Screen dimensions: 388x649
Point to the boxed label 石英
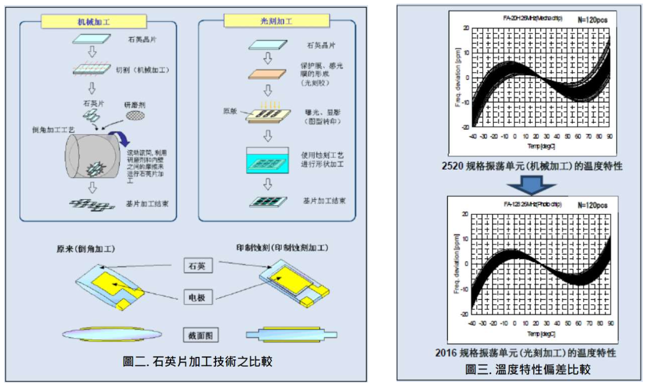click(x=197, y=265)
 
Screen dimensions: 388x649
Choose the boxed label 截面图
click(x=197, y=334)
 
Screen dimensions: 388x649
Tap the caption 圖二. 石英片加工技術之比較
click(x=198, y=362)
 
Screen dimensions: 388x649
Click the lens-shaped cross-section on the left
click(x=112, y=334)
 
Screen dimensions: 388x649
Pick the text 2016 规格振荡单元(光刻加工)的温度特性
click(x=525, y=352)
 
